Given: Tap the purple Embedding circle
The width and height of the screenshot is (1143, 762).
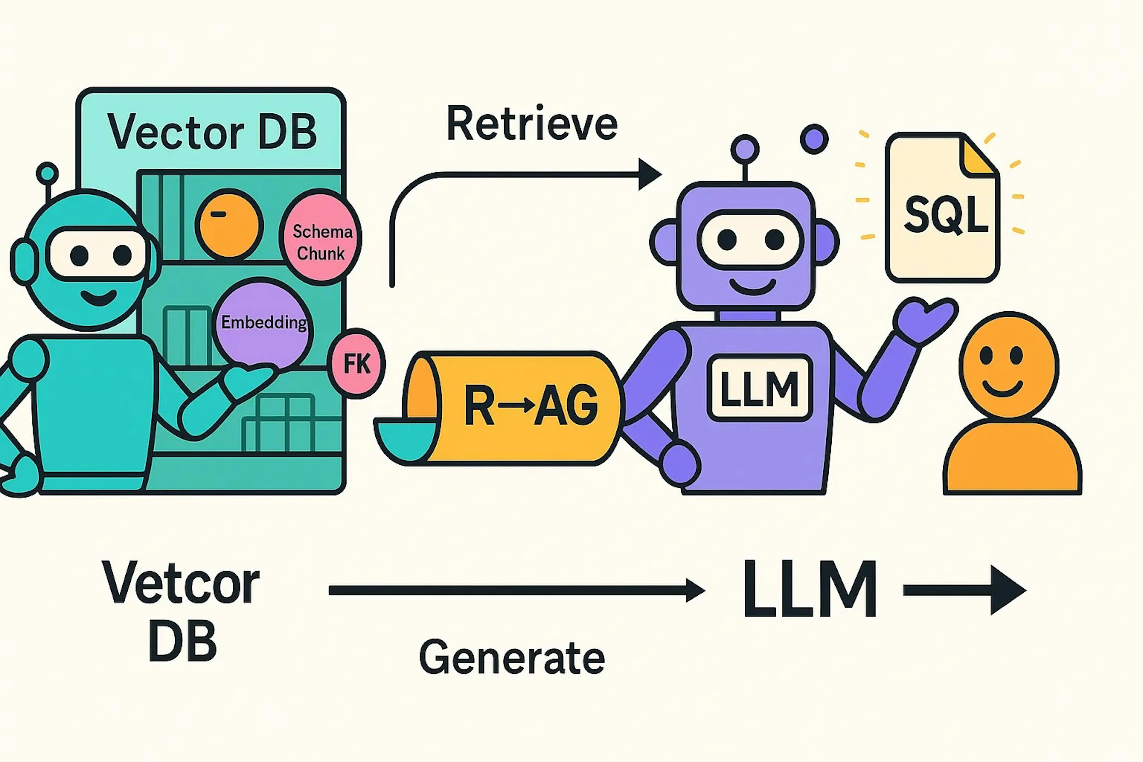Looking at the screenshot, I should [263, 323].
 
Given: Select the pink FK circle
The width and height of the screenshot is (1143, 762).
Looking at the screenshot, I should [357, 363].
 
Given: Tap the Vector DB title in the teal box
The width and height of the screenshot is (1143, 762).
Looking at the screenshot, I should [212, 132].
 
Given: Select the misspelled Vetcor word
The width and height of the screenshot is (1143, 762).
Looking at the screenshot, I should [181, 583].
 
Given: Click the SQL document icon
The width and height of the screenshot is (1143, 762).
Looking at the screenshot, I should [942, 209].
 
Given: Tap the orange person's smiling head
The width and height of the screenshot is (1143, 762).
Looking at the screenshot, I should [1008, 364].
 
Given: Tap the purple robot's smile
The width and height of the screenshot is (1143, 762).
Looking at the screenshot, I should [752, 287].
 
